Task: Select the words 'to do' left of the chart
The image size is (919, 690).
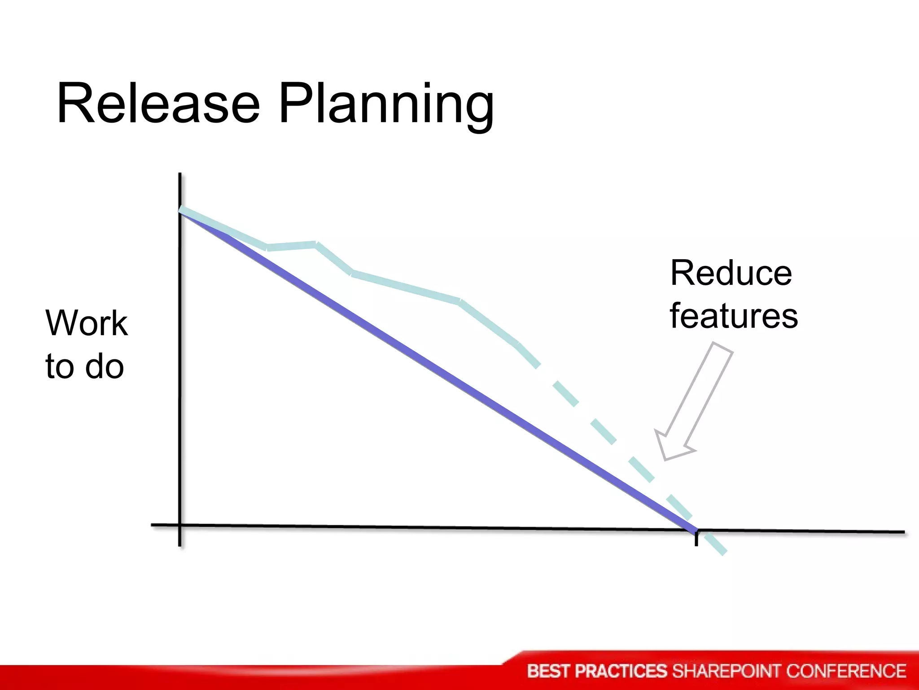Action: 84,366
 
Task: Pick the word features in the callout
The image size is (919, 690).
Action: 734,316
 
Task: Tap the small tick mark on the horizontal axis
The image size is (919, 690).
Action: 696,539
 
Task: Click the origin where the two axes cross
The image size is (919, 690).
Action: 180,525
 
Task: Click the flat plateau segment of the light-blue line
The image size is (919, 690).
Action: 292,246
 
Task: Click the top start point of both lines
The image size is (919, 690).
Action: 180,210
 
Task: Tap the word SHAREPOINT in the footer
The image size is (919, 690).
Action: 727,671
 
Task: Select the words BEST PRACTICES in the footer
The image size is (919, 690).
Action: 598,671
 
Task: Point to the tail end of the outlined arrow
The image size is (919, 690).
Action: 722,348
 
